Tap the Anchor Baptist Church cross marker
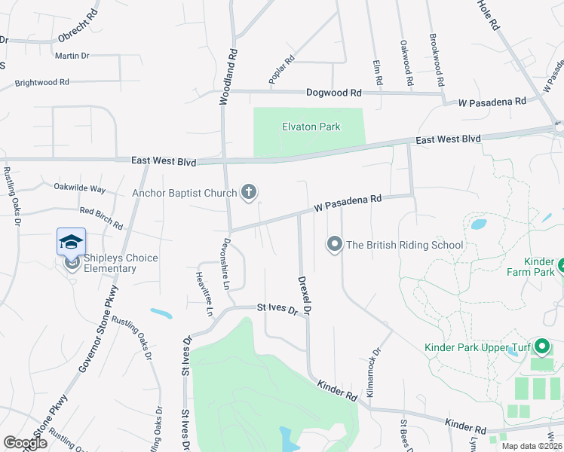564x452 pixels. pos(249,193)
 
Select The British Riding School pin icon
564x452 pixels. pos(334,244)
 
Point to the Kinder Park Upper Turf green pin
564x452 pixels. pos(541,347)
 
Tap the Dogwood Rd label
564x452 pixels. pos(334,93)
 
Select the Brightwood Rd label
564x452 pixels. pos(41,82)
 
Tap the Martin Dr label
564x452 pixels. pos(72,56)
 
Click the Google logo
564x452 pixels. pos(25,443)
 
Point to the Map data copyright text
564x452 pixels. pos(528,446)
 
